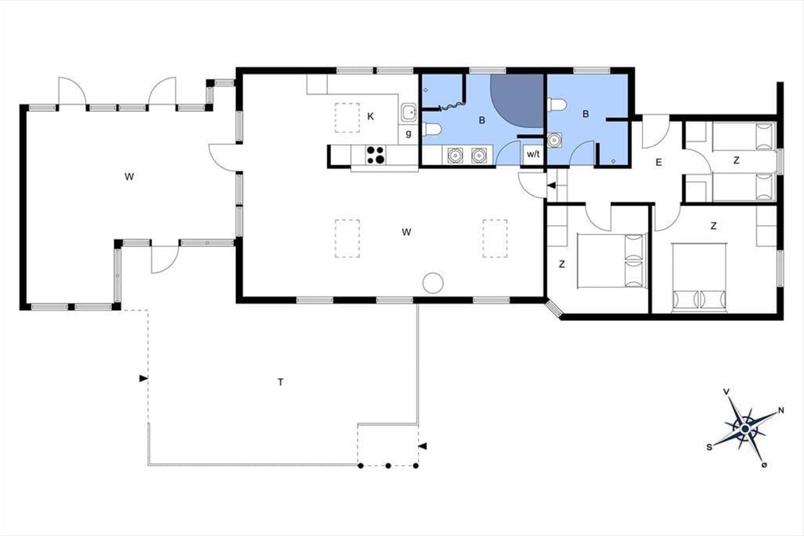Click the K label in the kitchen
coord(371,117)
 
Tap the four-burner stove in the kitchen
coord(375,155)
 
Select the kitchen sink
coord(409,113)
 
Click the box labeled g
coord(409,134)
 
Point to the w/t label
coord(533,154)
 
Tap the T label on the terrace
coord(280,382)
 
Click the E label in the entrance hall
coord(659,162)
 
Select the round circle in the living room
coord(433,283)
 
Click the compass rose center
coord(745,428)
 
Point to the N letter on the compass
coord(781,410)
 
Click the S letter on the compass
coord(710,448)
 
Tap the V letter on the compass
coord(726,392)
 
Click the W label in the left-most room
coord(129,177)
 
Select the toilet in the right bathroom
coord(557,105)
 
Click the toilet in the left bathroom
coord(431,129)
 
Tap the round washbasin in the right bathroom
coord(555,140)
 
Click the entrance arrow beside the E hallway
coord(551,185)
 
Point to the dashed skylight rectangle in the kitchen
coord(347,118)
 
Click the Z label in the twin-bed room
coord(736,161)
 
